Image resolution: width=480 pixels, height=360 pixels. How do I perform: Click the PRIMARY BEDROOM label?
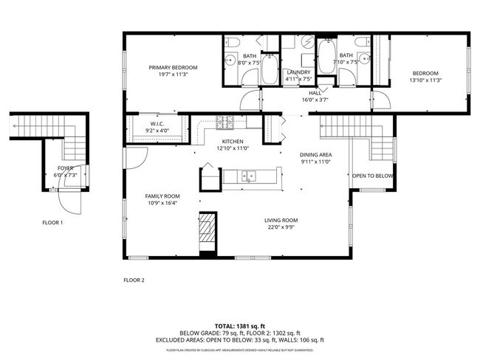pyautogui.click(x=173, y=67)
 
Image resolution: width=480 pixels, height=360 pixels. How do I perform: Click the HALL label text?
pyautogui.click(x=315, y=93)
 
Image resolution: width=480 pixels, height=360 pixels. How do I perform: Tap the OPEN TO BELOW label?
pyautogui.click(x=372, y=176)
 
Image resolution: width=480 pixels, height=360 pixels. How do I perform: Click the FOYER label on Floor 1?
pyautogui.click(x=66, y=168)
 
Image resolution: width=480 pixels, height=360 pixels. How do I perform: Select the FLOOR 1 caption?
pyautogui.click(x=52, y=222)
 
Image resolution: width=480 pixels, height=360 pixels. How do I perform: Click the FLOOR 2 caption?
pyautogui.click(x=134, y=280)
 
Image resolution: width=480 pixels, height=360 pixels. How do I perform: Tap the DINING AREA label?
pyautogui.click(x=315, y=154)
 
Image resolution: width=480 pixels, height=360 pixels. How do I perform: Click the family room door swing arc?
pyautogui.click(x=136, y=156)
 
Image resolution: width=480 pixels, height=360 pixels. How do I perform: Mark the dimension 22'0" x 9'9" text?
pyautogui.click(x=281, y=228)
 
